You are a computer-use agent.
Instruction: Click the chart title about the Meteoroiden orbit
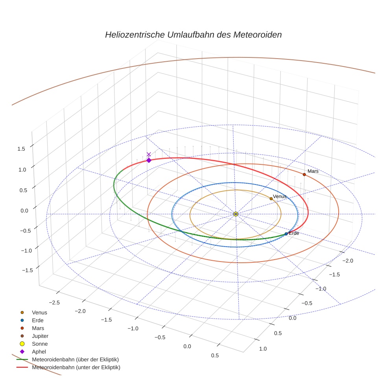(x=193, y=35)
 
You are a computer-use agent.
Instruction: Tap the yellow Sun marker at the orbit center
(x=236, y=214)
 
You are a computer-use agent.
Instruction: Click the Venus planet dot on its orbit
(x=271, y=199)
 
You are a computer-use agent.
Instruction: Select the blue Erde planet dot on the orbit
(x=286, y=234)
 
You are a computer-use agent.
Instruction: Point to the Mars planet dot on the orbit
(x=304, y=174)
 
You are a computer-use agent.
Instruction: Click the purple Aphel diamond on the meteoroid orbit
(x=149, y=160)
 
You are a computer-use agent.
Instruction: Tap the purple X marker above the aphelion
(x=149, y=154)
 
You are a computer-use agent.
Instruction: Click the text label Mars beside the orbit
(x=313, y=171)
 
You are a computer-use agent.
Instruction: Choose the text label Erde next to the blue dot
(x=294, y=233)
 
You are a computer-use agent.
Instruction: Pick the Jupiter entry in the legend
(x=40, y=336)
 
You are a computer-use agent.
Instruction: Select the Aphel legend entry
(x=39, y=352)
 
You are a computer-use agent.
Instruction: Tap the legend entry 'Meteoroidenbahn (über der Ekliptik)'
(x=75, y=359)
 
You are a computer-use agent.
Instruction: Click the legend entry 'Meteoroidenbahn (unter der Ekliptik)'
(x=76, y=367)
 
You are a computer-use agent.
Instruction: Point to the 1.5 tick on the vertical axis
(x=22, y=148)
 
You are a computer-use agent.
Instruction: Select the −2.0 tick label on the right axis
(x=348, y=261)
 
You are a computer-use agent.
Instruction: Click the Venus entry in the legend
(x=39, y=312)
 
